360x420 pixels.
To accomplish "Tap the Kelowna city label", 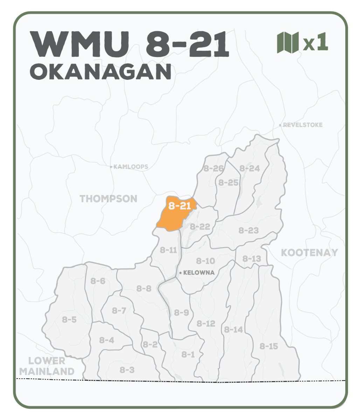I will pyautogui.click(x=199, y=273).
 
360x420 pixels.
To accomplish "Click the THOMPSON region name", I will pyautogui.click(x=109, y=199).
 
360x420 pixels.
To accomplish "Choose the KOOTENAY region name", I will pyautogui.click(x=309, y=252).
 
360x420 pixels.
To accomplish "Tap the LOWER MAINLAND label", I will pyautogui.click(x=47, y=366).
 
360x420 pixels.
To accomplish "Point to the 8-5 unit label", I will pyautogui.click(x=69, y=319).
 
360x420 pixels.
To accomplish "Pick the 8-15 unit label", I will pyautogui.click(x=269, y=346).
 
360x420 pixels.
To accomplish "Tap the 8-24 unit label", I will pyautogui.click(x=250, y=168).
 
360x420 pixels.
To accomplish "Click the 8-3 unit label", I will pyautogui.click(x=127, y=370).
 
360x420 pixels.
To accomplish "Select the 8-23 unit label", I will pyautogui.click(x=249, y=230).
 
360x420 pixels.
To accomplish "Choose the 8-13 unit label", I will pyautogui.click(x=252, y=259).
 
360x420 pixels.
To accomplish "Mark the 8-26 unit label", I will pyautogui.click(x=214, y=168).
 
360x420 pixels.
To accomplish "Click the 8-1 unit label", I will pyautogui.click(x=188, y=355).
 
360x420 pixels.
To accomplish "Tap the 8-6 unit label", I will pyautogui.click(x=98, y=281).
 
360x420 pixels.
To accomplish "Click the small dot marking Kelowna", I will pyautogui.click(x=180, y=273).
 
